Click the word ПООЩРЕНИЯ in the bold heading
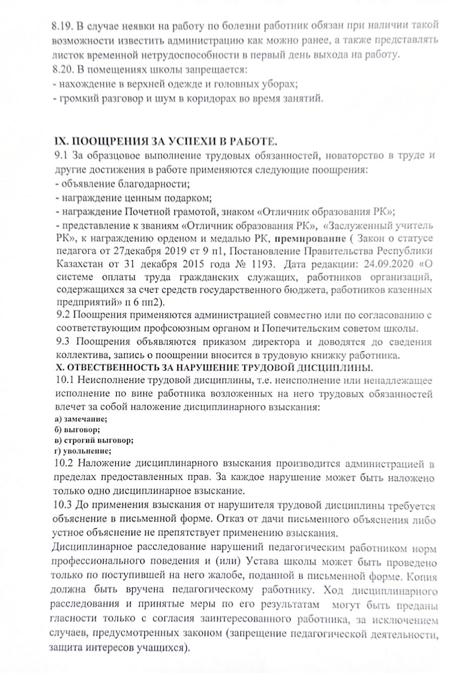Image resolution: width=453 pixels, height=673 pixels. tap(101, 141)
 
